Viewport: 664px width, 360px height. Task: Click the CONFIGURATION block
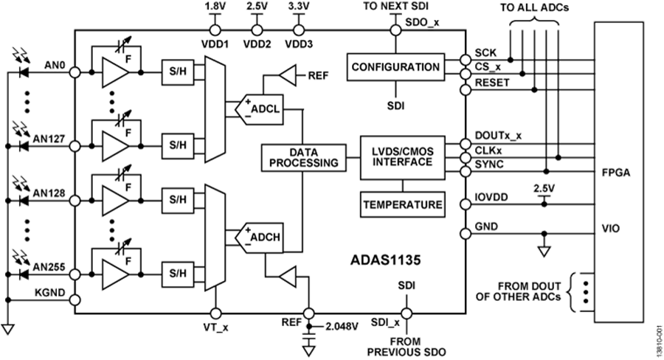coord(395,67)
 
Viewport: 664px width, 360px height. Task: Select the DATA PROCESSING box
coord(302,156)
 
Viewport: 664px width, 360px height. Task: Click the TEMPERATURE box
coord(402,204)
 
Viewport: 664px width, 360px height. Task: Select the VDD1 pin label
coord(215,44)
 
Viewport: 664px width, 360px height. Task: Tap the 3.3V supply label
coord(298,7)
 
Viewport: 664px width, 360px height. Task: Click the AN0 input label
coord(55,66)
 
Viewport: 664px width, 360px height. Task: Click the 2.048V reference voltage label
coord(340,325)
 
